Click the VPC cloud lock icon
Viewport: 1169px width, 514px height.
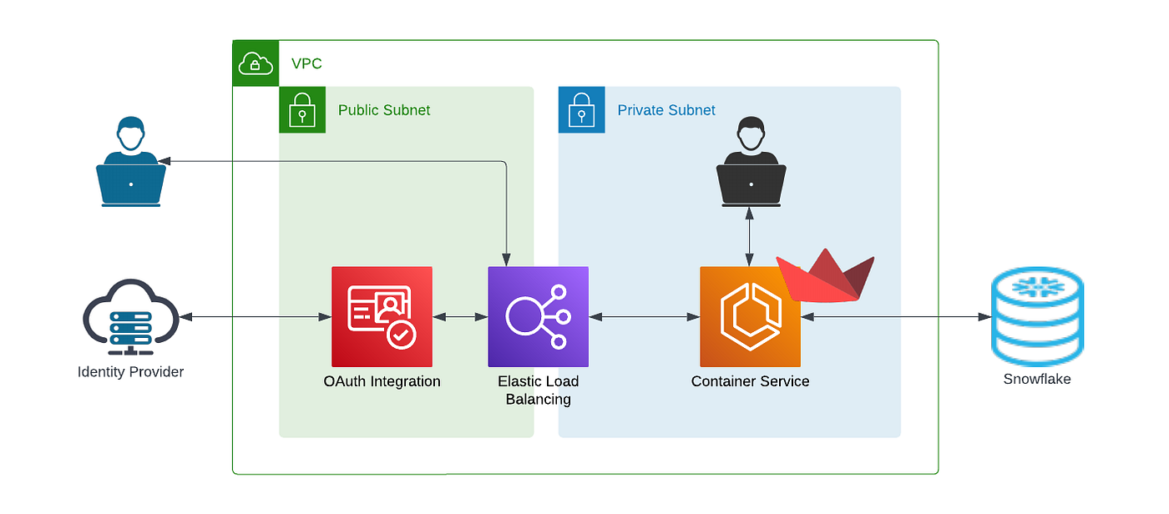click(x=255, y=63)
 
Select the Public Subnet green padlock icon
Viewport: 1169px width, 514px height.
click(x=302, y=110)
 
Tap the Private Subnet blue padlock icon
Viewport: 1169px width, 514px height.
click(x=581, y=110)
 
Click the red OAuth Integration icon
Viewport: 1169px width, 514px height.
click(x=382, y=316)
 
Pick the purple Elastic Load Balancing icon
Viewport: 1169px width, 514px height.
click(x=538, y=316)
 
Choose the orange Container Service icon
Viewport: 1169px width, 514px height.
click(x=750, y=316)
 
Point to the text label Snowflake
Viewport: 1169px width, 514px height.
click(x=1037, y=379)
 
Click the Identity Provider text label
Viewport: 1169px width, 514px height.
click(x=130, y=372)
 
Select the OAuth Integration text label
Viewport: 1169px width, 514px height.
click(x=382, y=381)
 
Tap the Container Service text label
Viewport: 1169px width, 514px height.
click(x=750, y=381)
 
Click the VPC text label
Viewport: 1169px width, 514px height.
click(x=306, y=63)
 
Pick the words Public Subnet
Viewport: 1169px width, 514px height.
click(x=384, y=110)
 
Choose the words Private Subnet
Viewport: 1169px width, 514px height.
click(x=666, y=110)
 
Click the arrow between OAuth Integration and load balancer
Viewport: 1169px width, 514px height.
click(x=460, y=317)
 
